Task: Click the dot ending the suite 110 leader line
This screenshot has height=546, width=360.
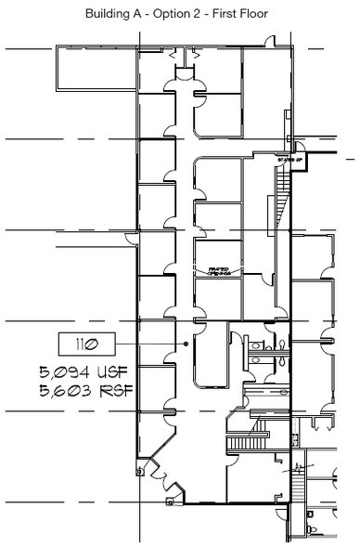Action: click(x=186, y=344)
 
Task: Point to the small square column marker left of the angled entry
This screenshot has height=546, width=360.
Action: click(x=138, y=471)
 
